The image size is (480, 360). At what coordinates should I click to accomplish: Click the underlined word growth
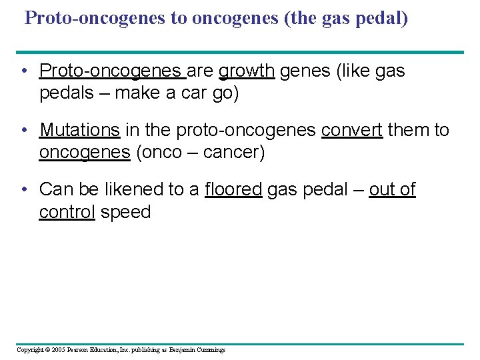[x=247, y=71]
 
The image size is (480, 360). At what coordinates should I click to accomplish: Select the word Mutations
[x=80, y=130]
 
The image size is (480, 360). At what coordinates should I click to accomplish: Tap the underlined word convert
[x=351, y=130]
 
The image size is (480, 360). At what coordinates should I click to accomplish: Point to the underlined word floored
[x=233, y=189]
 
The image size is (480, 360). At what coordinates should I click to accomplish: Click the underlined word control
[x=67, y=213]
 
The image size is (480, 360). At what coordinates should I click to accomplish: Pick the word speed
[x=126, y=213]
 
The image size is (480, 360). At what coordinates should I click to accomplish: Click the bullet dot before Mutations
[x=24, y=130]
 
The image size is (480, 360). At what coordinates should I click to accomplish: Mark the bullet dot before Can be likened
[x=24, y=189]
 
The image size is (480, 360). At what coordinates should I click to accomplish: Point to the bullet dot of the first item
[x=24, y=71]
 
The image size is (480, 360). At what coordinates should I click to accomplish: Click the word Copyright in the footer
[x=30, y=350]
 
